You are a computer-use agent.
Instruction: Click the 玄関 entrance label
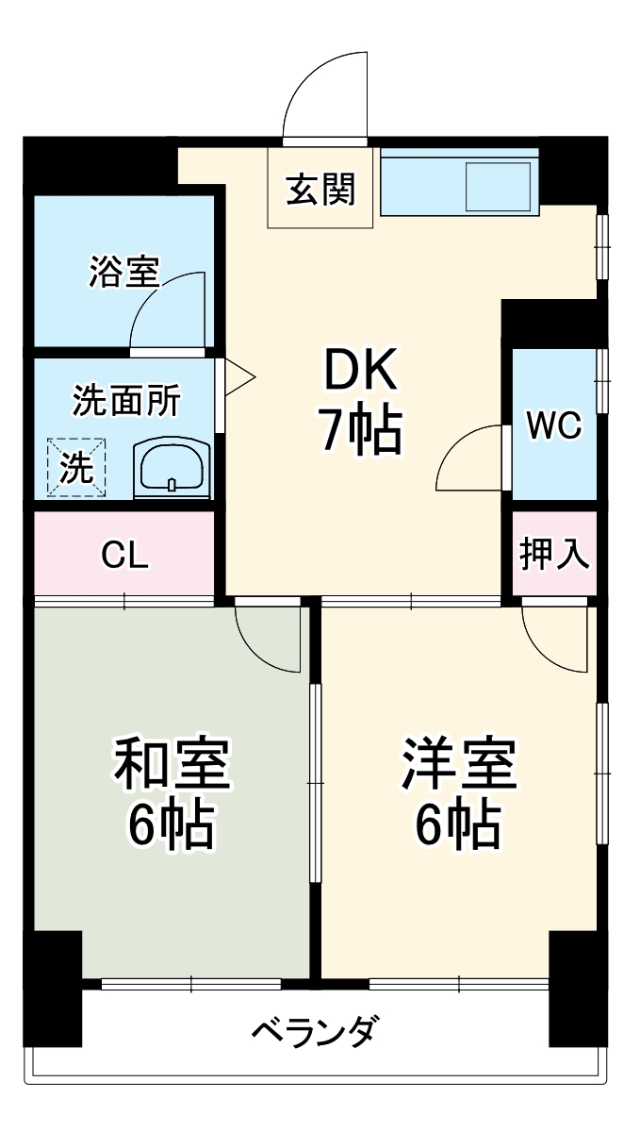pos(320,191)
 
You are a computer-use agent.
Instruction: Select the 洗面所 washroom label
pos(126,401)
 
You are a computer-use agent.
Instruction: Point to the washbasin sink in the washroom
pos(171,467)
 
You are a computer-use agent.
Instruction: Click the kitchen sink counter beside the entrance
pos(458,183)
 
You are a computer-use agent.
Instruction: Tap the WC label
pos(554,426)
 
